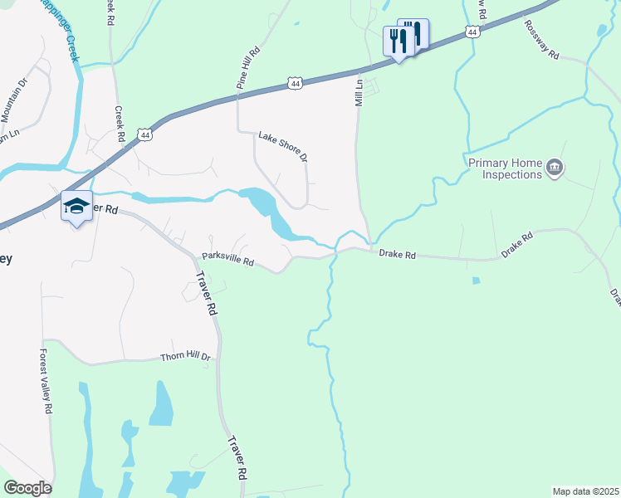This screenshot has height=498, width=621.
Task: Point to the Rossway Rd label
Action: click(x=542, y=40)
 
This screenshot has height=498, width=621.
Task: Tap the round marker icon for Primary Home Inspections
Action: click(x=555, y=169)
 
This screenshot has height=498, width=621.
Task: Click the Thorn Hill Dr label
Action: click(x=186, y=358)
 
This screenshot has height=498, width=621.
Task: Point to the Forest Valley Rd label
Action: click(x=46, y=381)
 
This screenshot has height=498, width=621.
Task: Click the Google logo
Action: click(x=27, y=488)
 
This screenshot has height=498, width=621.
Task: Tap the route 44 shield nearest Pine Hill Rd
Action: click(x=295, y=82)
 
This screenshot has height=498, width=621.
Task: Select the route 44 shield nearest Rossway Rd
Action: click(x=472, y=32)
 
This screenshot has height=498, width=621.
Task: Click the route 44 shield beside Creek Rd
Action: click(x=145, y=134)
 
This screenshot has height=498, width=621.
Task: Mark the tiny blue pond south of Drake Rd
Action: click(x=475, y=281)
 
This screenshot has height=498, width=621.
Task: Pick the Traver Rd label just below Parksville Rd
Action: click(x=206, y=295)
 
